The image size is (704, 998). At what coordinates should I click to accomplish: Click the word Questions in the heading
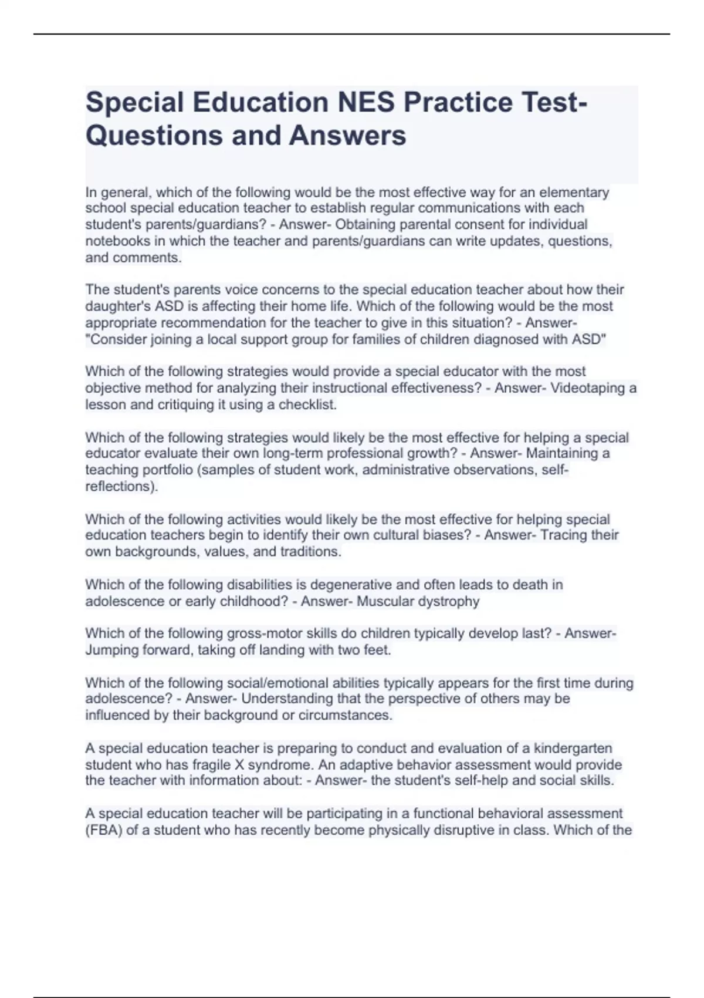tap(154, 136)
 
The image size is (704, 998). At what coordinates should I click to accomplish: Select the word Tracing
tap(564, 535)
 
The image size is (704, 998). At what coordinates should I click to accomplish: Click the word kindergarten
tap(573, 748)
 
